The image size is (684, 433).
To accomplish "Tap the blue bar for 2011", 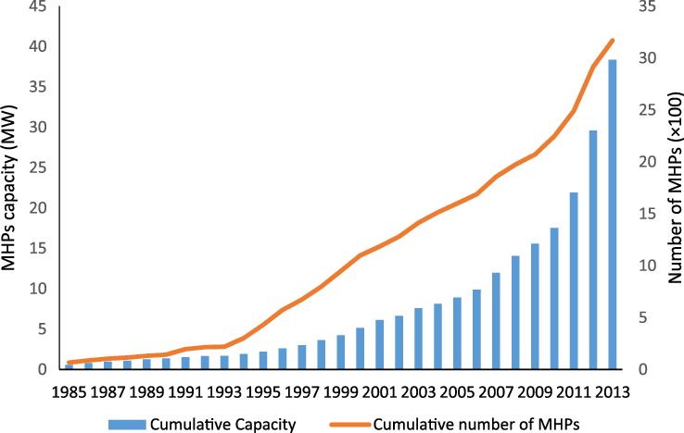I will (x=573, y=281).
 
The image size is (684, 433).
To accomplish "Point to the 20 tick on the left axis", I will (x=38, y=208).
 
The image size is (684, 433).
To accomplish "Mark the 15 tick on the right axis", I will (x=650, y=214).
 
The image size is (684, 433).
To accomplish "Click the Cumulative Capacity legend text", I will (x=237, y=424).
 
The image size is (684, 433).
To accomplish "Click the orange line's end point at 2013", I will (x=612, y=40).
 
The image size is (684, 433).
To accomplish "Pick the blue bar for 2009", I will (x=535, y=306).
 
